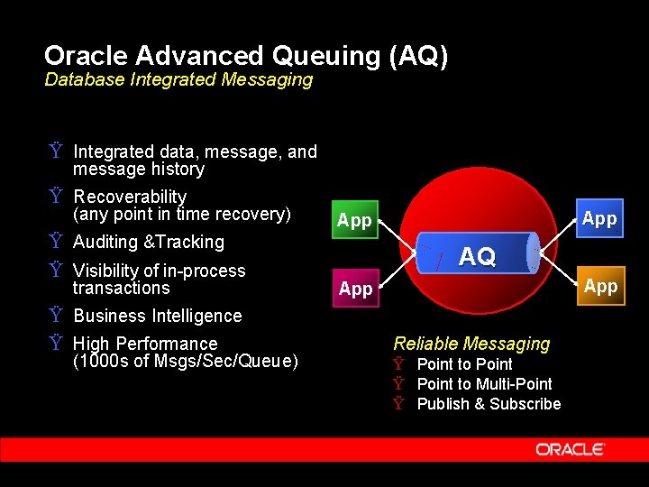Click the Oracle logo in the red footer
(570, 449)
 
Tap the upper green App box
(354, 220)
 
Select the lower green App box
(355, 289)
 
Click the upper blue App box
(599, 218)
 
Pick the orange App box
(600, 287)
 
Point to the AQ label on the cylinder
(477, 257)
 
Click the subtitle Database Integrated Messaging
(178, 79)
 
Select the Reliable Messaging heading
(471, 344)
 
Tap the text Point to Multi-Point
(484, 384)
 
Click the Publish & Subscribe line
(489, 404)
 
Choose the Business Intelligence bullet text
(158, 316)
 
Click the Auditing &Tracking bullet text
(149, 242)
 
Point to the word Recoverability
(130, 197)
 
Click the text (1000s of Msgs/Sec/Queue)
(185, 362)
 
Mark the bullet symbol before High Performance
(56, 344)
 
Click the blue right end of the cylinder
(534, 253)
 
